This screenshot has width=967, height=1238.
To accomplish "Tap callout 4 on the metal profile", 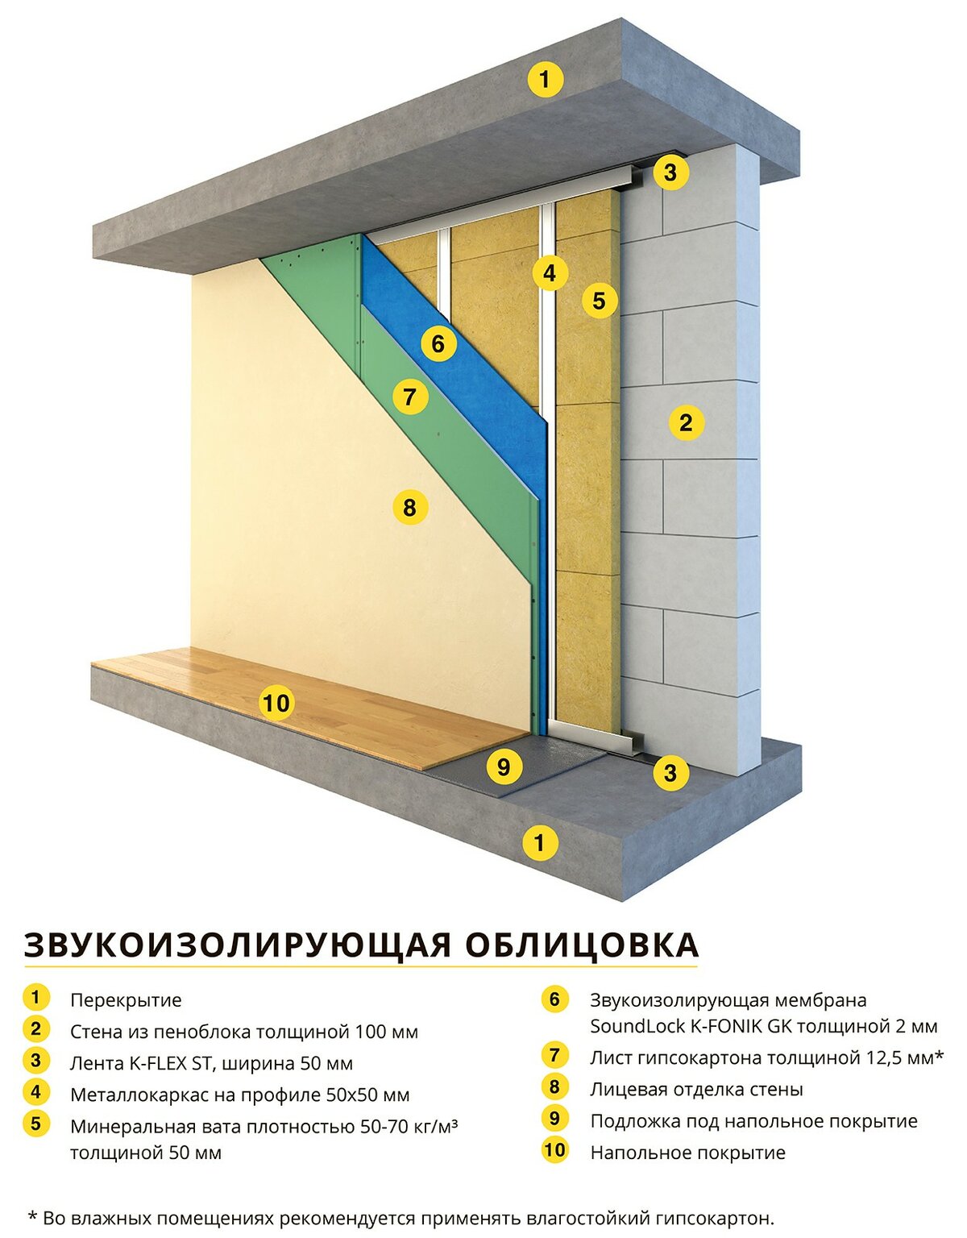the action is [550, 273].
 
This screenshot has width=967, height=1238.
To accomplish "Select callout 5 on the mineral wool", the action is [599, 301].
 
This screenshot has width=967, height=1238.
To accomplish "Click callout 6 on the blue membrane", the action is [438, 343].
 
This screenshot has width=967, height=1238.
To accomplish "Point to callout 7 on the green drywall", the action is [410, 397].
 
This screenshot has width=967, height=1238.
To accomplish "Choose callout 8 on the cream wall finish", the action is [409, 506].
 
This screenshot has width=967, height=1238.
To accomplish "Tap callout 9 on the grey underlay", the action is [504, 766].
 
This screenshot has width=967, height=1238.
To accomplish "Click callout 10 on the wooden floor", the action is [276, 703].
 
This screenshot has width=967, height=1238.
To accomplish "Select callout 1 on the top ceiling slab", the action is [545, 79].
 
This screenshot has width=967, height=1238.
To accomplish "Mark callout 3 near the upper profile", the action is [670, 172].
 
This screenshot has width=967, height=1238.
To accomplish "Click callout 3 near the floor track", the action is [670, 773].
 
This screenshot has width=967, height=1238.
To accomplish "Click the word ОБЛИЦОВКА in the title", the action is [582, 945].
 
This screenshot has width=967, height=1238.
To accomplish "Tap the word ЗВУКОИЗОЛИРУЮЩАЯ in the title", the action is [238, 946].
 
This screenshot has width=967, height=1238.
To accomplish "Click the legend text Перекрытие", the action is [126, 1000].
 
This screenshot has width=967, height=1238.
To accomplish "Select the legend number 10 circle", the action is [554, 1149].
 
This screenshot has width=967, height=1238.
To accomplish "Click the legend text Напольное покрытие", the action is [688, 1153].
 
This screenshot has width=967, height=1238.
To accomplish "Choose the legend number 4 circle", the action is [36, 1091].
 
